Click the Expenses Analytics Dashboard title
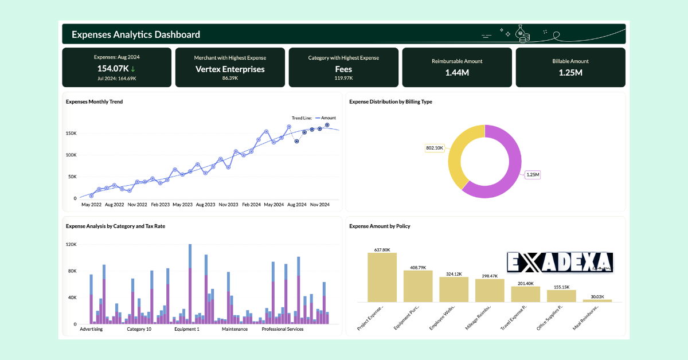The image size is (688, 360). pyautogui.click(x=136, y=34)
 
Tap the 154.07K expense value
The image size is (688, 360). pyautogui.click(x=112, y=69)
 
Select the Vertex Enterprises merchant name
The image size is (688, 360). pyautogui.click(x=230, y=69)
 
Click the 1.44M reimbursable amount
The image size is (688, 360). pyautogui.click(x=457, y=72)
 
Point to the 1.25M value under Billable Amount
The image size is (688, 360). pyautogui.click(x=570, y=72)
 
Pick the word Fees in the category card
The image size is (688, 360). pyautogui.click(x=343, y=69)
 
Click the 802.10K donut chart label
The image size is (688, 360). pyautogui.click(x=435, y=148)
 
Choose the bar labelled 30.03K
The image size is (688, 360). pyautogui.click(x=597, y=300)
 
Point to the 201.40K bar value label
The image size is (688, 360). pyautogui.click(x=525, y=283)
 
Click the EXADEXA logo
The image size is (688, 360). pyautogui.click(x=560, y=262)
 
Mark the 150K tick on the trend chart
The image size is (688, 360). pyautogui.click(x=71, y=133)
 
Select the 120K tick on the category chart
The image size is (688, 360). pyautogui.click(x=71, y=244)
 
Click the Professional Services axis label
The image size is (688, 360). pyautogui.click(x=283, y=329)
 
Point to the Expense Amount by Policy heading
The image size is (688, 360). pyautogui.click(x=380, y=226)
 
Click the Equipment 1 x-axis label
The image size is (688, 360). pyautogui.click(x=187, y=329)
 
